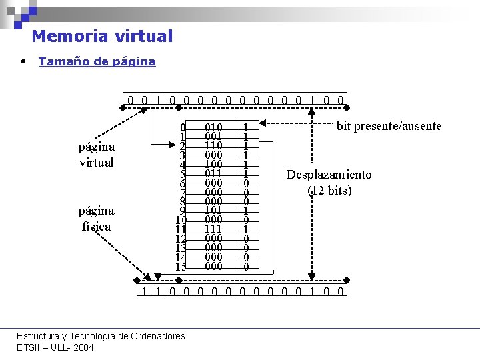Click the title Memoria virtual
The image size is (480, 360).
click(102, 36)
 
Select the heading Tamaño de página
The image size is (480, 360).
click(97, 61)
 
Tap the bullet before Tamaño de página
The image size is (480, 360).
click(23, 61)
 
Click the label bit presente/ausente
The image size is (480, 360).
click(389, 126)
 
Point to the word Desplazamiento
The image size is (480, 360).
click(329, 175)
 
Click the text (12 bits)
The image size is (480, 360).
click(329, 191)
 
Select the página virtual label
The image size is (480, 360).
click(97, 154)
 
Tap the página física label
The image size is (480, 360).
click(97, 218)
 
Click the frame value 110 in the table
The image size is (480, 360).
click(213, 145)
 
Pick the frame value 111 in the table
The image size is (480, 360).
click(213, 229)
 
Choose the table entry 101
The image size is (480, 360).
click(213, 211)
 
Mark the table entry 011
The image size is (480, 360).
click(213, 173)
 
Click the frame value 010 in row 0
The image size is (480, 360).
click(213, 127)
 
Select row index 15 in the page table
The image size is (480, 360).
click(181, 267)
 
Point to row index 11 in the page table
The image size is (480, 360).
click(181, 229)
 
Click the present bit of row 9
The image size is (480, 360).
click(246, 211)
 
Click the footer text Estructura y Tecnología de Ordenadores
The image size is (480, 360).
click(101, 336)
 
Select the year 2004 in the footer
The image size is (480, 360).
click(83, 347)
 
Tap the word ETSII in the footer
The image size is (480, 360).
click(29, 347)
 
